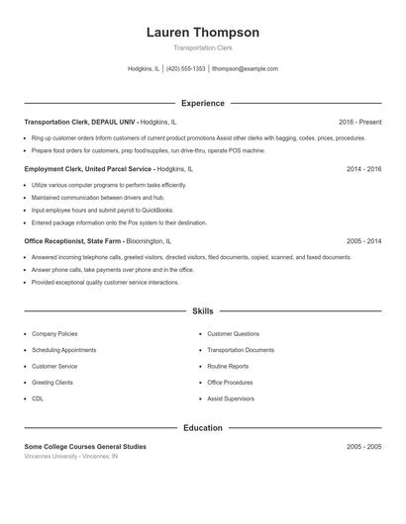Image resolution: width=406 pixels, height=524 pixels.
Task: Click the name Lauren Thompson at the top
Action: click(x=202, y=32)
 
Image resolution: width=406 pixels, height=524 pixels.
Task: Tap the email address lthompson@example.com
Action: click(x=245, y=69)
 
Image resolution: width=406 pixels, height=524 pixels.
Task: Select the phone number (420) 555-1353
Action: click(x=185, y=69)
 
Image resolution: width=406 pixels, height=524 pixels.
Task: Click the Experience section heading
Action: click(x=202, y=103)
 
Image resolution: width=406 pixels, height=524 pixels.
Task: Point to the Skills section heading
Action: click(x=202, y=310)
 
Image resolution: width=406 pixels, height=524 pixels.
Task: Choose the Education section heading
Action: click(x=202, y=428)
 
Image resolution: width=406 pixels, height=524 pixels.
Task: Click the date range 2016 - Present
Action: click(x=358, y=122)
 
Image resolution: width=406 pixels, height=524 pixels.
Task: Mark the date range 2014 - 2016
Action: click(x=363, y=169)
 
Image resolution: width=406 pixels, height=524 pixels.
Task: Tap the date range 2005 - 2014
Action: click(x=363, y=240)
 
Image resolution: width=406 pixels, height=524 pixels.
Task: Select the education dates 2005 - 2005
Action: click(x=363, y=447)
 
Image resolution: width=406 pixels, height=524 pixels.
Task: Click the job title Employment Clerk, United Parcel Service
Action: click(x=88, y=169)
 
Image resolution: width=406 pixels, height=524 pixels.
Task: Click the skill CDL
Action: click(x=38, y=398)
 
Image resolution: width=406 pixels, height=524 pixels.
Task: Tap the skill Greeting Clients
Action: click(x=52, y=383)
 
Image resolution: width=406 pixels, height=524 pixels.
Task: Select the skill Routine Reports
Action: click(x=228, y=366)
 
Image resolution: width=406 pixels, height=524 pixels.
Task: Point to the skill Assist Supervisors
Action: click(x=230, y=398)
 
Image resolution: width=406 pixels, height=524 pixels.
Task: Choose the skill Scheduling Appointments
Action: click(x=63, y=350)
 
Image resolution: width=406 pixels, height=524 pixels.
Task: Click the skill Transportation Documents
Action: click(x=240, y=350)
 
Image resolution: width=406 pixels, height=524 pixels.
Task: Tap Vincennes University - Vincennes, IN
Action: click(x=70, y=457)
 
